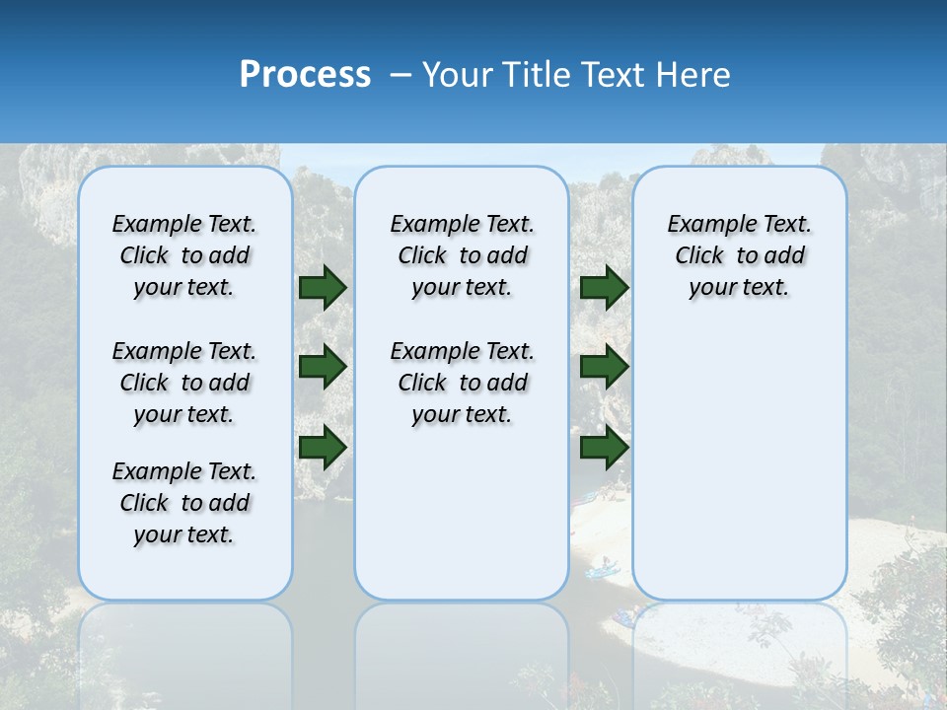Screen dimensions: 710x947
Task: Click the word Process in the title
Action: (x=305, y=75)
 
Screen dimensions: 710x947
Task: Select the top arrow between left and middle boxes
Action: (x=322, y=288)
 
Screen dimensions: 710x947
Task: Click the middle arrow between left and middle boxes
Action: (x=322, y=367)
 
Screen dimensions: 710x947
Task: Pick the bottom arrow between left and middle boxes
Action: (x=322, y=447)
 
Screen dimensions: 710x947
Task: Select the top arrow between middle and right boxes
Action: (x=604, y=288)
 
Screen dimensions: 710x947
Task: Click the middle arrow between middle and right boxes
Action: (x=604, y=367)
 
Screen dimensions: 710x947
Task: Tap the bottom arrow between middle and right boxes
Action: (x=604, y=447)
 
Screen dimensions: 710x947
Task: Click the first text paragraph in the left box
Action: (x=184, y=255)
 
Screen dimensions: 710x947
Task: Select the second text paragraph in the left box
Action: (x=184, y=383)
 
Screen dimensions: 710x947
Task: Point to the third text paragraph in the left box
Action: (x=184, y=503)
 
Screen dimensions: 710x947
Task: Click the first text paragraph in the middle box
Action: (x=462, y=255)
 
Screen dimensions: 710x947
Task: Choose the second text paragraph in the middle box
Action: (x=462, y=383)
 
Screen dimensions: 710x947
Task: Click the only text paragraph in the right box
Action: (x=739, y=255)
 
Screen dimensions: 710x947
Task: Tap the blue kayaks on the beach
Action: (x=602, y=568)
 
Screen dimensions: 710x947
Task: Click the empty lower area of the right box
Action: (x=739, y=463)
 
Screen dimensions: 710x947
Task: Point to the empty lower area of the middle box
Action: (x=462, y=513)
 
